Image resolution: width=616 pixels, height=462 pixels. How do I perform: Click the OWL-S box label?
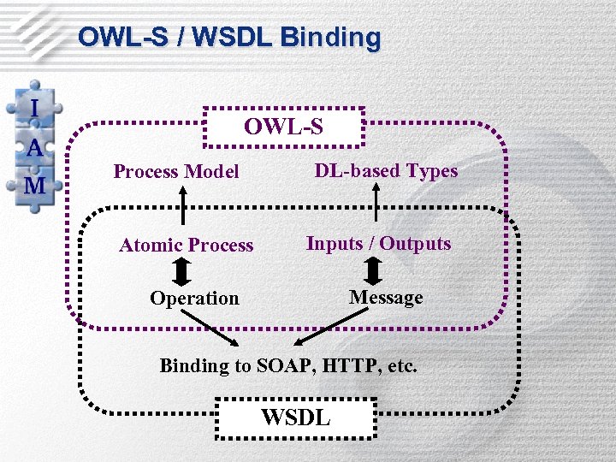283,127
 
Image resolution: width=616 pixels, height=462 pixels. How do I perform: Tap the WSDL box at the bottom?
295,417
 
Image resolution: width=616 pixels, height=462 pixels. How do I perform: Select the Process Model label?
176,172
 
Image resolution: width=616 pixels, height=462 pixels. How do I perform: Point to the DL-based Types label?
386,170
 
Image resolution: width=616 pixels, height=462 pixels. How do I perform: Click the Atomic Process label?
187,246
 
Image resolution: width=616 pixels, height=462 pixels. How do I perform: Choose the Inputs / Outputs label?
378,244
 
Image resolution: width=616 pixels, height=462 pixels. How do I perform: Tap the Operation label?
194,299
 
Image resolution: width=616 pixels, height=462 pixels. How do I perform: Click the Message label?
386,298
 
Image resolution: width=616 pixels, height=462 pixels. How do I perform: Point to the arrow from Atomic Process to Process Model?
182,205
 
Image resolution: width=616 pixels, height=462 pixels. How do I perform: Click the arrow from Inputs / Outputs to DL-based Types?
375,205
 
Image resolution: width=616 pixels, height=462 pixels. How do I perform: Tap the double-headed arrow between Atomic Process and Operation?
182,272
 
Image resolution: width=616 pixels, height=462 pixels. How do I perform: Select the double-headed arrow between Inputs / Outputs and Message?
373,270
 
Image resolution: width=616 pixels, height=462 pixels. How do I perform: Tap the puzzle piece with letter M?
35,185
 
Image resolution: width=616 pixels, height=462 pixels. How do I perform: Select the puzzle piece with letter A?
35,146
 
